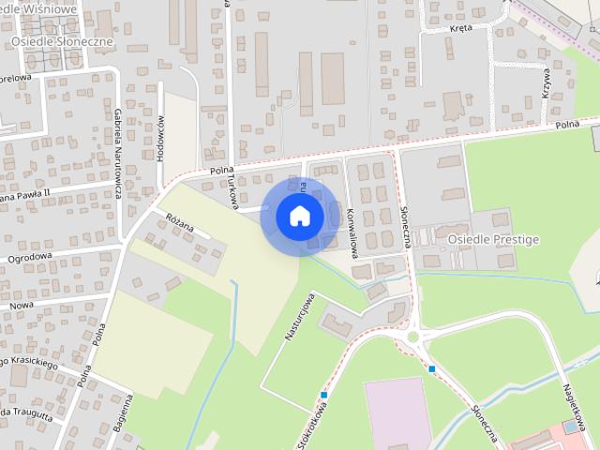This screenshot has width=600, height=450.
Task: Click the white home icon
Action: (x=300, y=216)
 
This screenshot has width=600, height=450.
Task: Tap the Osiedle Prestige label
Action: (x=493, y=240)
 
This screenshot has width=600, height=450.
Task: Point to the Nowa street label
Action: (x=21, y=306)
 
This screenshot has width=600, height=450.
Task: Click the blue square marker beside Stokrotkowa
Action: (x=323, y=395)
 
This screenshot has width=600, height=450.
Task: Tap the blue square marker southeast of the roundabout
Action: (x=432, y=368)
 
